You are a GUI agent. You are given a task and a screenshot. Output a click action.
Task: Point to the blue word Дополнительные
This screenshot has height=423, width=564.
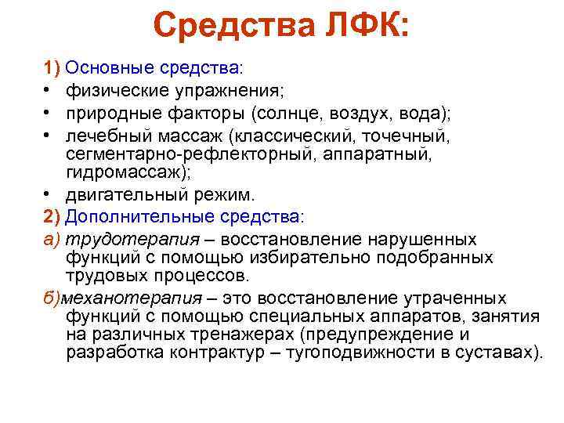pos(136,215)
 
